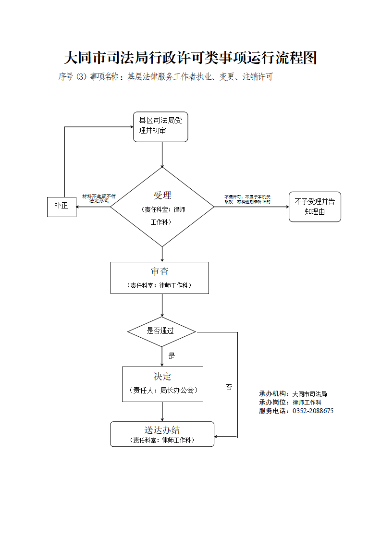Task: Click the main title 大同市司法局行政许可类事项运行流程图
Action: (190, 59)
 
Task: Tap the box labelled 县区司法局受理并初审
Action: (160, 127)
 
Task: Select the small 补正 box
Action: (61, 207)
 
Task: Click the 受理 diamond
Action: (162, 207)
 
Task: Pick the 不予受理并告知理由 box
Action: (315, 207)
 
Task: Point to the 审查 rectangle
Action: (160, 278)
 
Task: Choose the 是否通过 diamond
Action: (161, 331)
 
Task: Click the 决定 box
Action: (162, 384)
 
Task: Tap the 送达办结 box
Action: (162, 434)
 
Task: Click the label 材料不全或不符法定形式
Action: (99, 198)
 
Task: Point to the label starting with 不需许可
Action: (247, 199)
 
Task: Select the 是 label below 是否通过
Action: (172, 356)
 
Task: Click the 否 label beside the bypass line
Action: (229, 387)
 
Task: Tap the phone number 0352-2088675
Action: (313, 411)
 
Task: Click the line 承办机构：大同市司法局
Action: (293, 394)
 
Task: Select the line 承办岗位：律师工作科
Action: (290, 403)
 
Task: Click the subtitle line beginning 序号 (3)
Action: (165, 77)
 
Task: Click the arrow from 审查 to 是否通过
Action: (162, 305)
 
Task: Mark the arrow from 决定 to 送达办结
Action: (162, 412)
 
